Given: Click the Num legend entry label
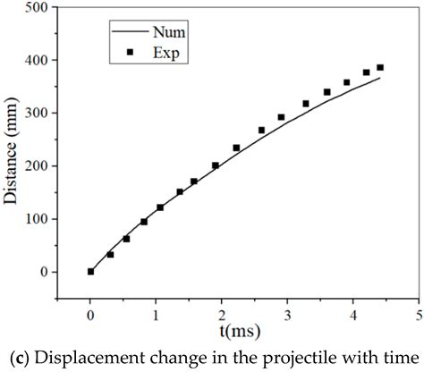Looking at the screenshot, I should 167,32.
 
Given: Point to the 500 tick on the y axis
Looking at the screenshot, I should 38,7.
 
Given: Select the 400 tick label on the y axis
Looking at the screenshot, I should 38,60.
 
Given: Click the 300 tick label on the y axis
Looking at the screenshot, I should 38,113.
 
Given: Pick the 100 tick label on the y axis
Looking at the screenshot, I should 38,219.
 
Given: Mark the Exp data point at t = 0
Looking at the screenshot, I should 90,271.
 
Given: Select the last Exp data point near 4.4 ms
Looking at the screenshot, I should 380,68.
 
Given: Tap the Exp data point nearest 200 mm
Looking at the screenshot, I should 216,165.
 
